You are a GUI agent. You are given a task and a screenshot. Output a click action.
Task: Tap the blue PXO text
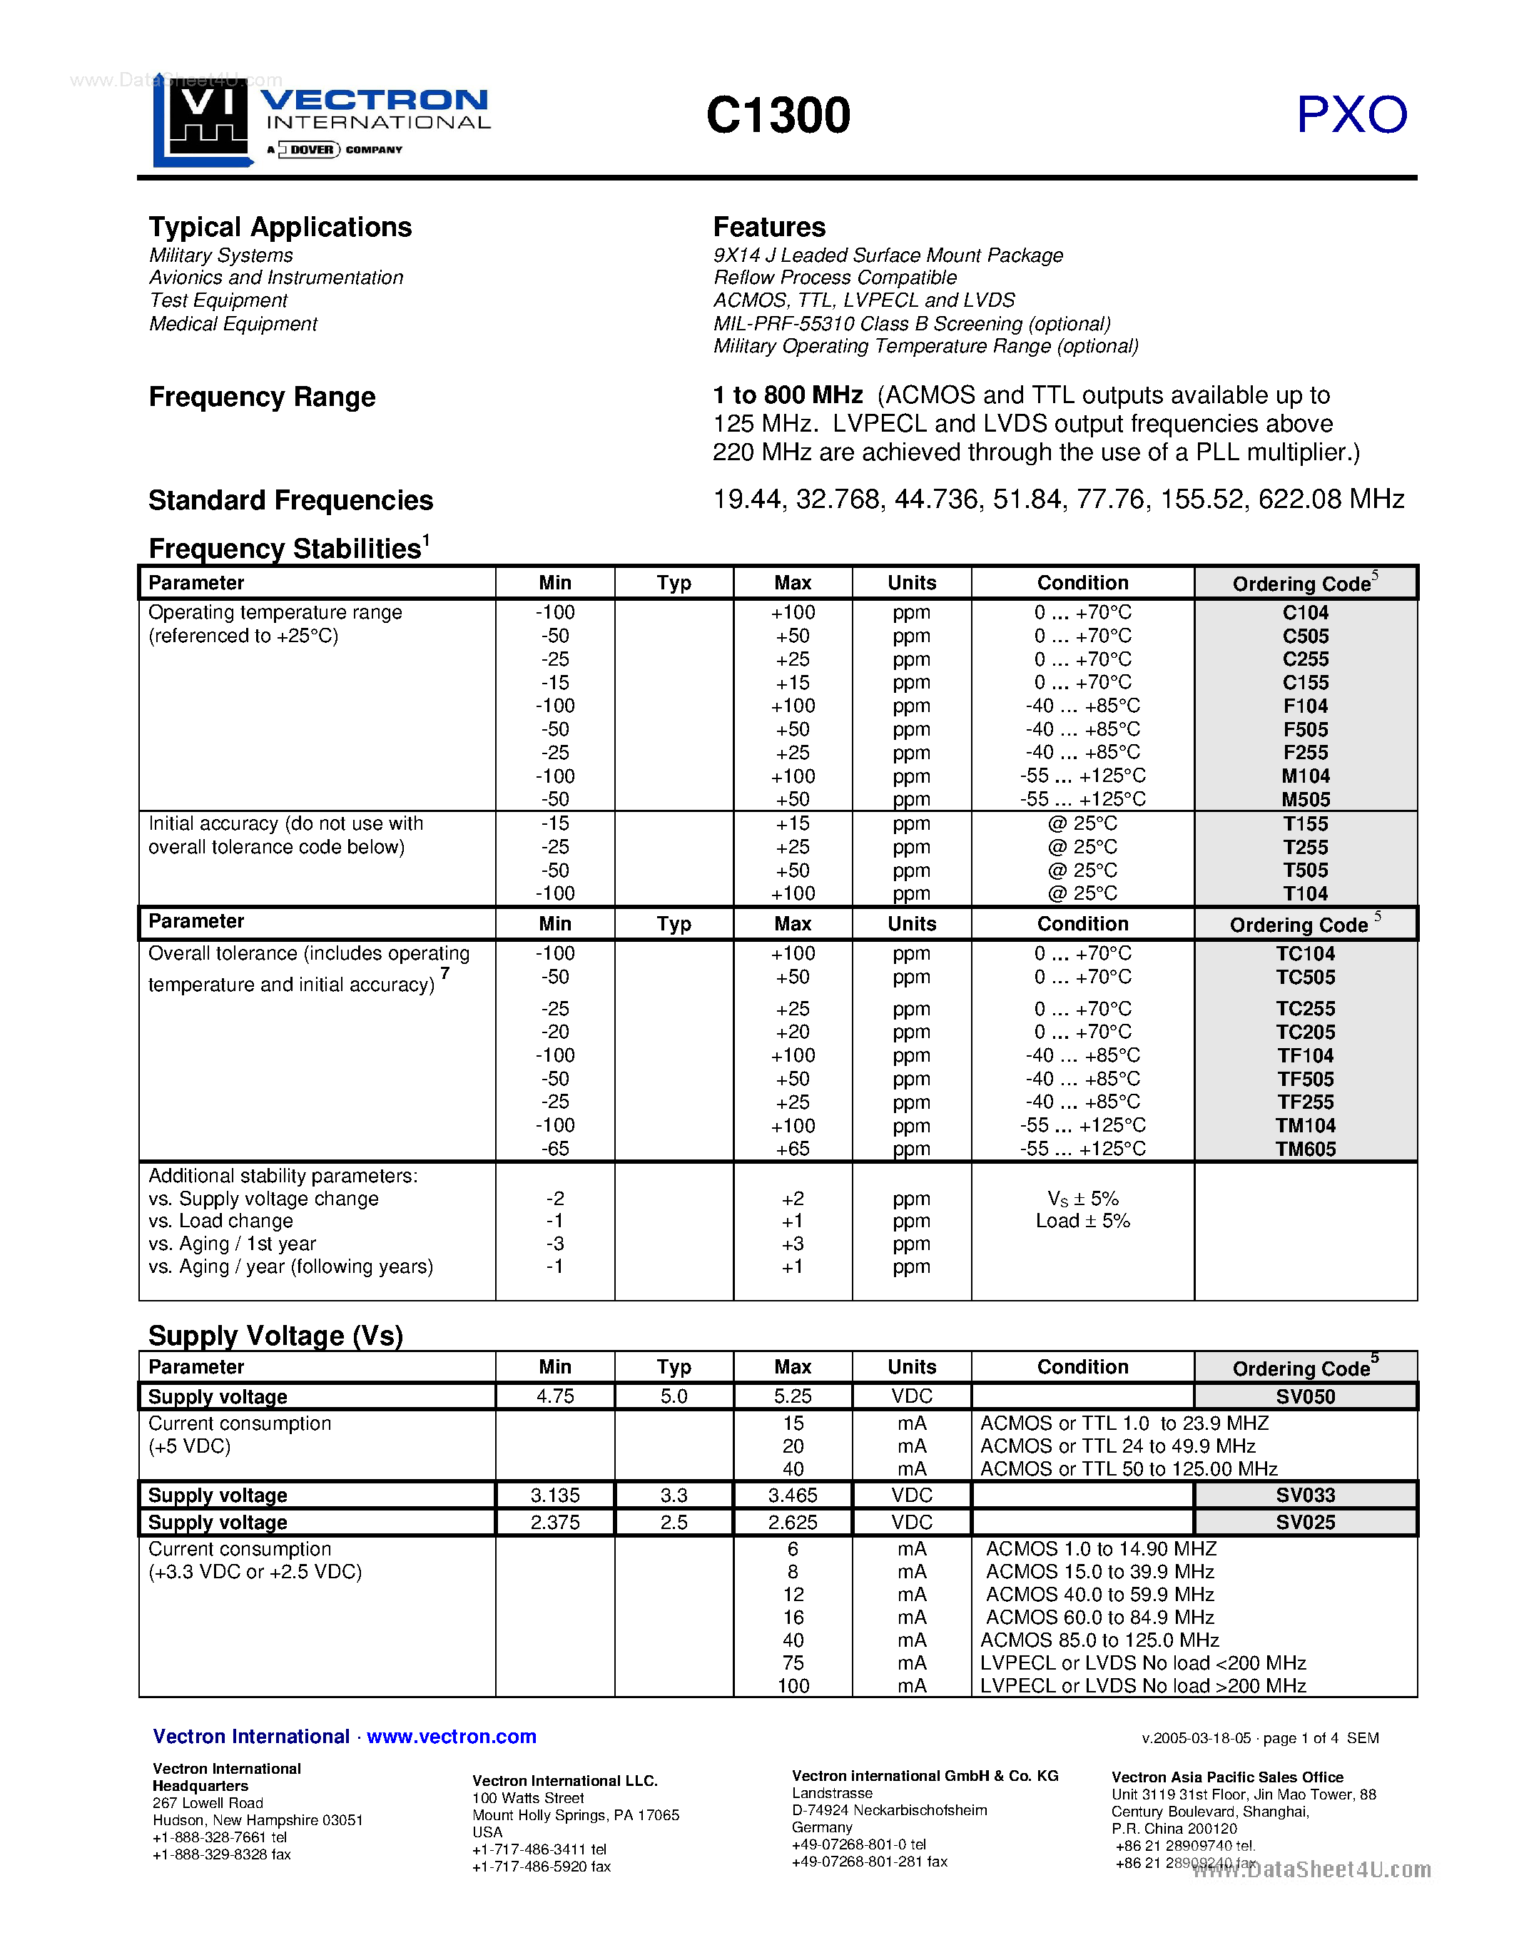click(x=1351, y=116)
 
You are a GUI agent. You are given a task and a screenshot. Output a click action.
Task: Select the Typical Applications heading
click(x=280, y=227)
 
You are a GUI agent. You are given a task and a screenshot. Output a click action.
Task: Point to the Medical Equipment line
click(x=233, y=324)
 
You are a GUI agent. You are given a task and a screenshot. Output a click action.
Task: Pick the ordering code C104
click(x=1305, y=613)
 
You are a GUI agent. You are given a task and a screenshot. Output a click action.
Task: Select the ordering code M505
click(x=1305, y=800)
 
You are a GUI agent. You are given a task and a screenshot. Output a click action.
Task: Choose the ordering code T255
click(x=1305, y=847)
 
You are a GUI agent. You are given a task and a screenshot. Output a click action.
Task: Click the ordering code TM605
click(x=1305, y=1149)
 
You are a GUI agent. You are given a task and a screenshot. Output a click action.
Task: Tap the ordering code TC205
click(x=1305, y=1032)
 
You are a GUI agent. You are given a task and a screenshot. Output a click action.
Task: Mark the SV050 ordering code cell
click(x=1305, y=1396)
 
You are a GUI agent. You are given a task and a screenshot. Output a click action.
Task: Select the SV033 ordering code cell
click(x=1305, y=1495)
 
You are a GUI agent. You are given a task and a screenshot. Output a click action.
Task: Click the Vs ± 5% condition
click(x=1082, y=1199)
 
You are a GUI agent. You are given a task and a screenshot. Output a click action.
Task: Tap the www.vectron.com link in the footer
click(x=452, y=1737)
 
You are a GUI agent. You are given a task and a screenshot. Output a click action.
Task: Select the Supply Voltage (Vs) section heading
click(x=275, y=1336)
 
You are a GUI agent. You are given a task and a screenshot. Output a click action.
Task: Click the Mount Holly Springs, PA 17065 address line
click(x=575, y=1814)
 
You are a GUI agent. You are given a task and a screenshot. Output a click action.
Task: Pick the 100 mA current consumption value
click(x=793, y=1685)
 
